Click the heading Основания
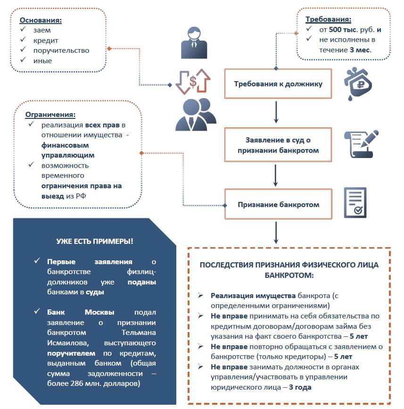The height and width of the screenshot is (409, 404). pyautogui.click(x=40, y=20)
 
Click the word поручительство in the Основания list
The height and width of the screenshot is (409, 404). pyautogui.click(x=61, y=50)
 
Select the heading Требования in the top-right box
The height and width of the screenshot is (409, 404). pyautogui.click(x=328, y=20)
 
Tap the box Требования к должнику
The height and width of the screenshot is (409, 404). pyautogui.click(x=278, y=84)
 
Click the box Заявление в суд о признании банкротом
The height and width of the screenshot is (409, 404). pyautogui.click(x=278, y=145)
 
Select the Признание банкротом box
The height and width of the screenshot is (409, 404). pyautogui.click(x=278, y=205)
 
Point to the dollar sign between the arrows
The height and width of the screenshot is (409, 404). pyautogui.click(x=193, y=81)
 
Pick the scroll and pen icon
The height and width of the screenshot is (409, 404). pyautogui.click(x=361, y=144)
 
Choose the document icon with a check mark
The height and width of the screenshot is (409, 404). pyautogui.click(x=355, y=203)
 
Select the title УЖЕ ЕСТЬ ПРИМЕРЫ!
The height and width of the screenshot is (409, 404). pyautogui.click(x=94, y=241)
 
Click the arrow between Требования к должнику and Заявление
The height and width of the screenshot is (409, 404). pyautogui.click(x=276, y=113)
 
